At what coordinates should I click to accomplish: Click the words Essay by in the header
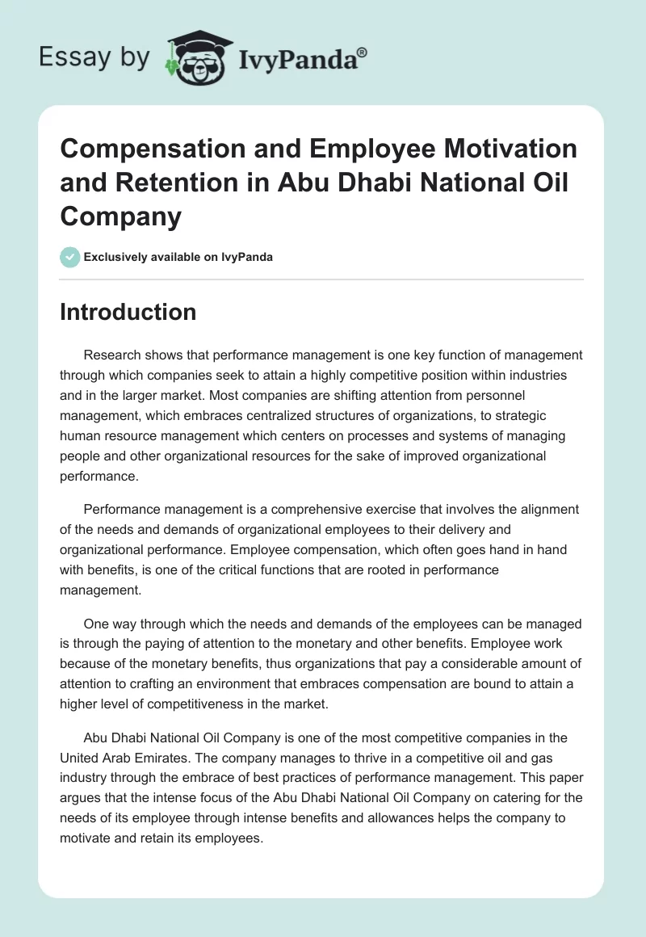94,57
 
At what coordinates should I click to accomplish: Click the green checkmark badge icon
69,257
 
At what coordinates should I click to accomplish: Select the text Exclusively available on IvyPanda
178,257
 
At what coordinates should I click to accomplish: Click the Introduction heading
128,312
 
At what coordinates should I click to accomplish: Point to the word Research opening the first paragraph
111,355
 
